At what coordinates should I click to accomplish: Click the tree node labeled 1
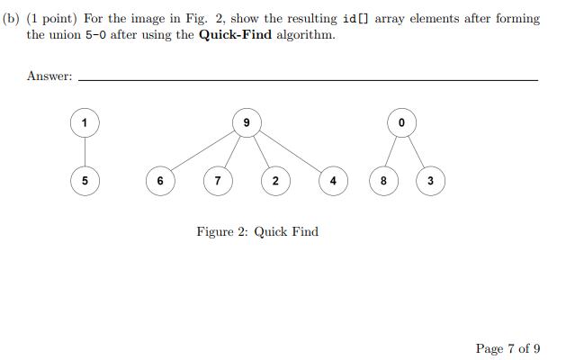(85, 121)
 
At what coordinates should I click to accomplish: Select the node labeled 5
(85, 180)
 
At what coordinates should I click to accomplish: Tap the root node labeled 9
(247, 121)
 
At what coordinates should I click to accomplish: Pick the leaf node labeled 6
(160, 180)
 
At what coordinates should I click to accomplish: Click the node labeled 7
(217, 180)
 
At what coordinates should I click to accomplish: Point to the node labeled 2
(274, 180)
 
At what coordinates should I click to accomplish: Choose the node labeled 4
(333, 180)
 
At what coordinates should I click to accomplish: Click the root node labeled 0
(401, 121)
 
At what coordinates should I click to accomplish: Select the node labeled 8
(384, 180)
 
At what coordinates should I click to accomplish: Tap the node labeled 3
(430, 180)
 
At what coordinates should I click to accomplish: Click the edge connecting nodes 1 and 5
(85, 150)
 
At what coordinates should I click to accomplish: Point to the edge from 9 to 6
(203, 150)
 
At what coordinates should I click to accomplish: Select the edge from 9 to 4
(290, 150)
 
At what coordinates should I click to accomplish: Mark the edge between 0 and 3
(416, 150)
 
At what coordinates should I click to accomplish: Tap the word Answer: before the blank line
(49, 76)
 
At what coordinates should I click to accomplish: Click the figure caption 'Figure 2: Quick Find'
(257, 231)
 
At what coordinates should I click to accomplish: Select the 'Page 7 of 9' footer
(508, 349)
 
